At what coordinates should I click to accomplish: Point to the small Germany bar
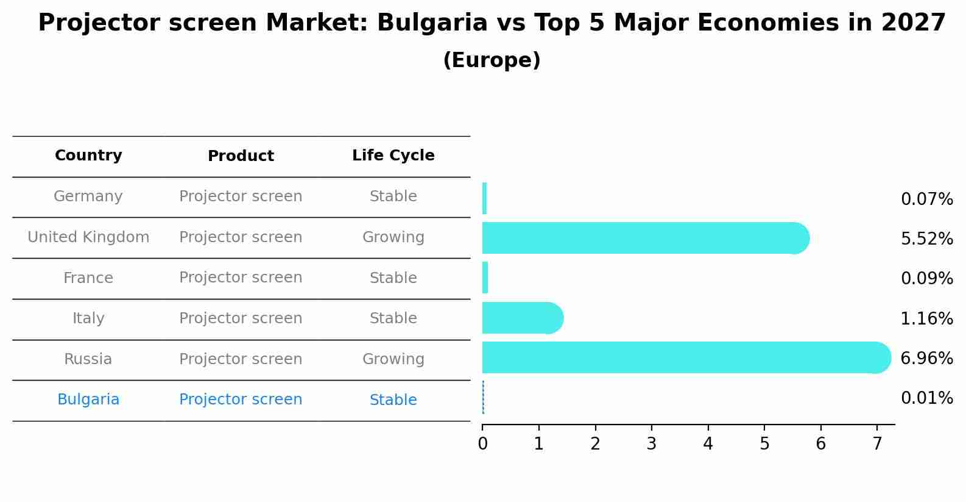(484, 198)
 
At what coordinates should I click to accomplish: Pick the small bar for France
(485, 278)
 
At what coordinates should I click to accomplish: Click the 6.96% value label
(926, 358)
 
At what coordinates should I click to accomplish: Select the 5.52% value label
(926, 238)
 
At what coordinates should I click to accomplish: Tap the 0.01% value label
(926, 398)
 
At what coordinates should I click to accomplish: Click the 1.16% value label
(926, 318)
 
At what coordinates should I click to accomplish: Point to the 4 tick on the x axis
(708, 443)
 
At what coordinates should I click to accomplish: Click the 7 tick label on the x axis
(877, 443)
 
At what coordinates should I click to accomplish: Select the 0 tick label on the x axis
(482, 443)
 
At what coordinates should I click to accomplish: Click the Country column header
(88, 156)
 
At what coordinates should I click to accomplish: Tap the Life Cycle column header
(393, 156)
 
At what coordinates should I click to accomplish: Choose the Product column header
(241, 156)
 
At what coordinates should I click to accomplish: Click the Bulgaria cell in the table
(88, 400)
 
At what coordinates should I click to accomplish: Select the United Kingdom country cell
(88, 237)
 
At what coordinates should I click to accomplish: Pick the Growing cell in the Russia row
(393, 359)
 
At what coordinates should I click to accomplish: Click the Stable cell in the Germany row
(393, 196)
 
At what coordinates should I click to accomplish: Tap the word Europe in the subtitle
(492, 60)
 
